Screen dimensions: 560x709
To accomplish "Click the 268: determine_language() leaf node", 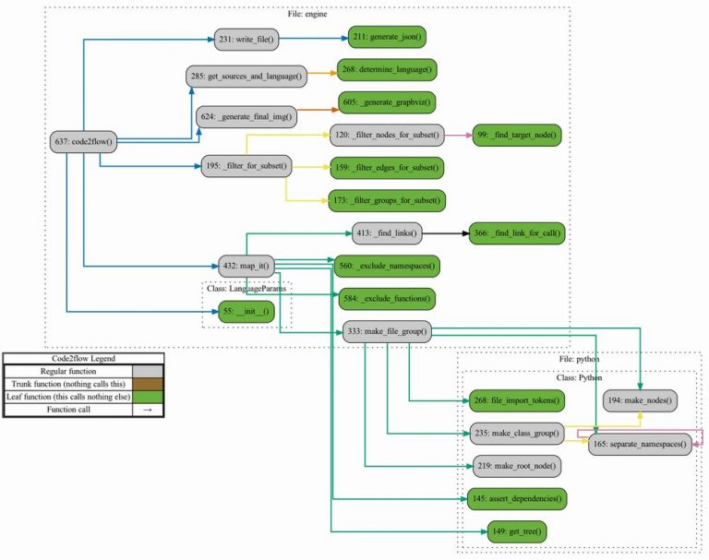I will [x=389, y=69].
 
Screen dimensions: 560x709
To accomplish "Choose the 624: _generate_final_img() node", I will [x=245, y=117].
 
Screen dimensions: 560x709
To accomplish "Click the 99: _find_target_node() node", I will [x=516, y=135].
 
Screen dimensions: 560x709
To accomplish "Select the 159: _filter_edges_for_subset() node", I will [x=387, y=167].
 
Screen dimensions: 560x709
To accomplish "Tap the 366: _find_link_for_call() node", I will [x=515, y=234].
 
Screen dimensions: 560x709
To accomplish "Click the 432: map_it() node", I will [x=243, y=266].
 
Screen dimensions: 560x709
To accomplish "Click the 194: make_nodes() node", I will [x=641, y=400].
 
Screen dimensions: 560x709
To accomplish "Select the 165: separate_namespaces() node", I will [x=641, y=445].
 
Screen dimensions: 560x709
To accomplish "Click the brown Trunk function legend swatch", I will [x=148, y=383].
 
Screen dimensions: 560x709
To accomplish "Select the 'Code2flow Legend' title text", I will [x=83, y=359].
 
